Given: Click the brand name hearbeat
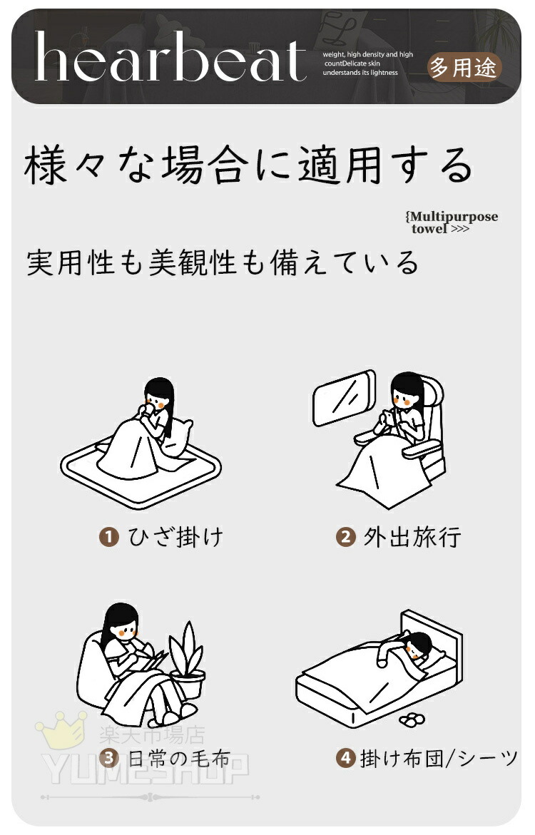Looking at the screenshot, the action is coord(170,56).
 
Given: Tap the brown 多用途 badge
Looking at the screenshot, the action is coord(464,68).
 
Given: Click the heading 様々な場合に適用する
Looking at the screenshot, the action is coord(248,165).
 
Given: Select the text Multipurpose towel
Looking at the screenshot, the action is coord(452,222).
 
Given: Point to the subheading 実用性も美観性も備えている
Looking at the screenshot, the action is coord(223,262).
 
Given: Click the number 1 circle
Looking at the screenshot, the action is coord(108,536).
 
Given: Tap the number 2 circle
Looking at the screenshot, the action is coord(345,537).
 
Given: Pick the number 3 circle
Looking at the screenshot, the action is coord(108,758).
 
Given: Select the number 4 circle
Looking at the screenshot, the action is coord(346,758).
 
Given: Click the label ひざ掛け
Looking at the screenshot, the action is coord(176,537).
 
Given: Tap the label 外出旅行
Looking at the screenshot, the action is coord(412,538).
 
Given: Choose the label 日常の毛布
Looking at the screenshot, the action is coord(179,758).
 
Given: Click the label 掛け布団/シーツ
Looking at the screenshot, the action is coord(439,758).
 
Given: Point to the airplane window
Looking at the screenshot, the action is coord(344,398).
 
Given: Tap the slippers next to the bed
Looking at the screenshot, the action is coord(412,719).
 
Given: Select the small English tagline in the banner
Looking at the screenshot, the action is coord(367,63).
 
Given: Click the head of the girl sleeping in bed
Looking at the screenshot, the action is coord(419,645).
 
